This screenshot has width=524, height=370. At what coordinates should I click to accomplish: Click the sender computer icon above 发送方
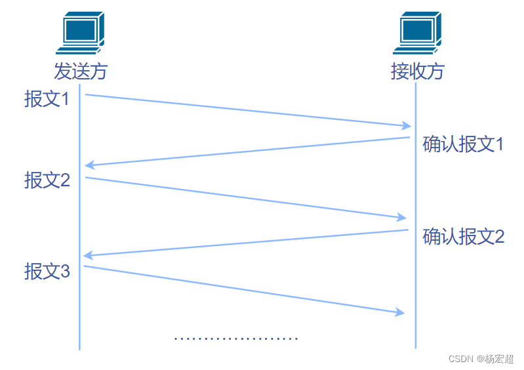click(80, 33)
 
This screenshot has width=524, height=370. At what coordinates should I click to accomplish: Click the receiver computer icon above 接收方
click(417, 33)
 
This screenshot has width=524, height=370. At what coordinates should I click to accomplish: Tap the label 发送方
click(80, 71)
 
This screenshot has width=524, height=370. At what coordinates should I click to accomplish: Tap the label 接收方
click(417, 71)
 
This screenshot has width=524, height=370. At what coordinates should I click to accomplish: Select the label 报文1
click(47, 99)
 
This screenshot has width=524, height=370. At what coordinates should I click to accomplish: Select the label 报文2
click(47, 180)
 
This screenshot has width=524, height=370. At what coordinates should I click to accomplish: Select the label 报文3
click(47, 271)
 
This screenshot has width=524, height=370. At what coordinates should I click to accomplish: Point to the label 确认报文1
click(463, 144)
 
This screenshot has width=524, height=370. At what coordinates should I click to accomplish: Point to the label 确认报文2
click(463, 236)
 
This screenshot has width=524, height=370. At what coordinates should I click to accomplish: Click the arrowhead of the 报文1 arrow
click(407, 125)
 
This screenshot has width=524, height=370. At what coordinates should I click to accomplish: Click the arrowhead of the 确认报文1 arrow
click(90, 165)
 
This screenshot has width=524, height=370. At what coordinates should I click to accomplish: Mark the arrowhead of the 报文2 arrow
click(401, 218)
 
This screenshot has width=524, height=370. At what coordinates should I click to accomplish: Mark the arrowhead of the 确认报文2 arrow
click(89, 255)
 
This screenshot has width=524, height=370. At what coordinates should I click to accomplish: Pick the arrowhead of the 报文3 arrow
click(399, 313)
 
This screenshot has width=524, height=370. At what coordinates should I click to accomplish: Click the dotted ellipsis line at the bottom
click(236, 339)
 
